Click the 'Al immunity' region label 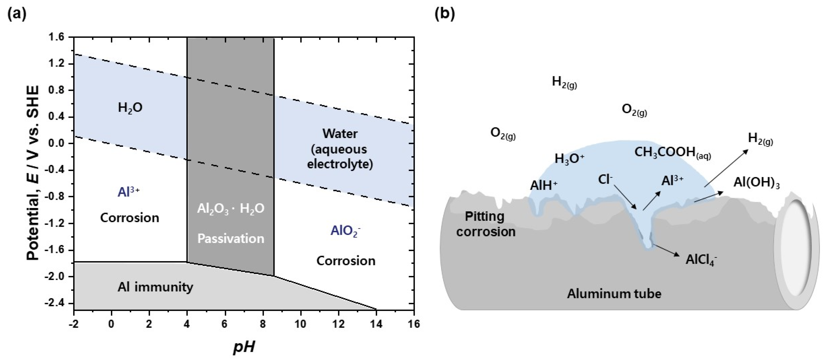coord(155,287)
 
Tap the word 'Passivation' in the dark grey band coord(231,238)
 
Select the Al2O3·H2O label coord(231,209)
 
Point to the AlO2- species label coord(345,231)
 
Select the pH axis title coord(244,347)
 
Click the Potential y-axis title coord(33,173)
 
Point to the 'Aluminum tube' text coord(614,294)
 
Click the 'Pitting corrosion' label coord(485,224)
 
